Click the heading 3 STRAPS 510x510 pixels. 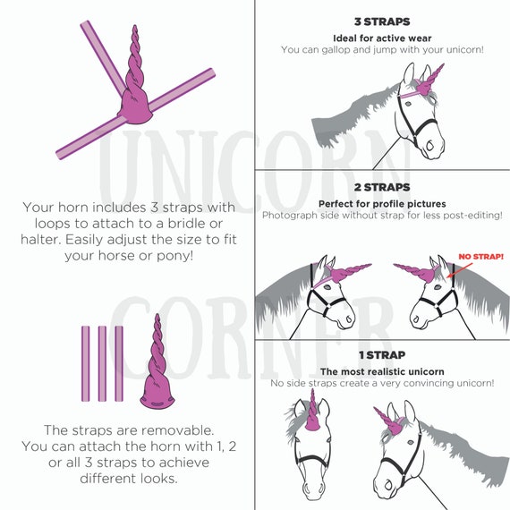pos(382,21)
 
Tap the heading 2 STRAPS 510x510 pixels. pos(382,187)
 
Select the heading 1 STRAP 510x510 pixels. pos(382,355)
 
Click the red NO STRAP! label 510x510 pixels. pos(481,257)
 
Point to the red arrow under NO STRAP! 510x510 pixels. pos(460,270)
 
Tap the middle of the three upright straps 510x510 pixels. pos(102,363)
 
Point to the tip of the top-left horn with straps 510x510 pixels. pos(134,25)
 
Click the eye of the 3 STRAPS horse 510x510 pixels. pos(408,104)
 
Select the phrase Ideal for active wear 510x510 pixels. pos(382,38)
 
